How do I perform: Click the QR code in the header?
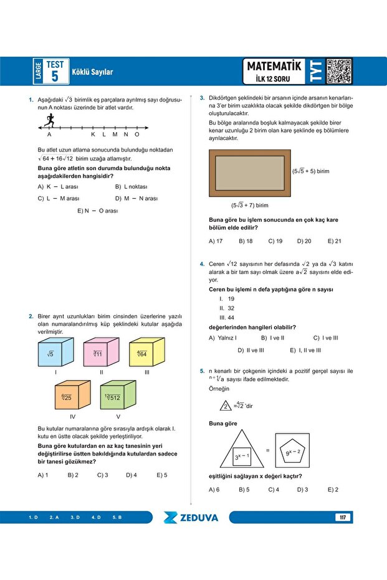click(x=338, y=71)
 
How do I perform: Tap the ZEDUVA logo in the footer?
click(x=191, y=517)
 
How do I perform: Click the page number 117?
click(x=343, y=518)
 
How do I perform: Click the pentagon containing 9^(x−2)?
click(x=294, y=452)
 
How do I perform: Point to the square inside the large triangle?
click(x=242, y=456)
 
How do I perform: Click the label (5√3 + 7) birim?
click(x=249, y=204)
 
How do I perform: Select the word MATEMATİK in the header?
click(x=274, y=66)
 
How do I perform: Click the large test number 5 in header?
click(x=55, y=77)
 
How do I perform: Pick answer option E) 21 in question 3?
click(x=334, y=241)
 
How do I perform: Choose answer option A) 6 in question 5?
click(x=214, y=489)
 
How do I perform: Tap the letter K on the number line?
click(x=93, y=135)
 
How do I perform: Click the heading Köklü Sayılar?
click(x=92, y=72)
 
